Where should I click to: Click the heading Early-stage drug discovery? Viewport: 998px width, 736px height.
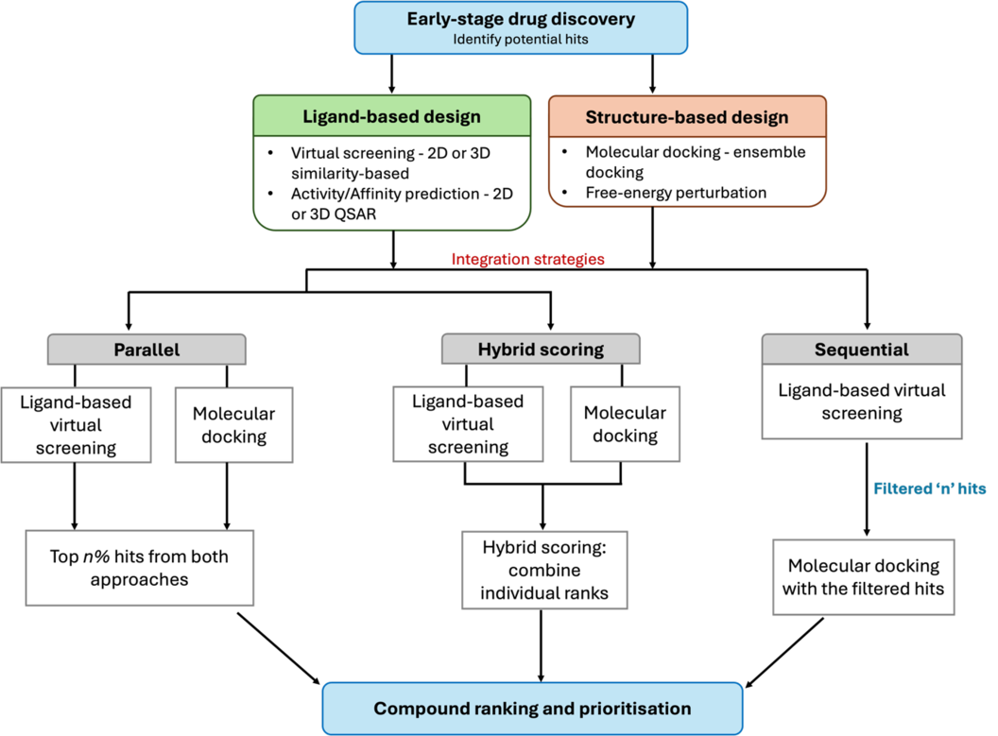point(521,19)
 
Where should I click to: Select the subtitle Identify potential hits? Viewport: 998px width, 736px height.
point(521,39)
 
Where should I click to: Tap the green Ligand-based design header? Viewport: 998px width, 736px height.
point(391,117)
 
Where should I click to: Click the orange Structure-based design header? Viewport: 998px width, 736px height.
point(687,117)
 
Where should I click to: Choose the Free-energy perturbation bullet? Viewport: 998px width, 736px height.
point(676,193)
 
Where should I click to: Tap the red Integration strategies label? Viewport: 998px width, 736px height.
point(528,259)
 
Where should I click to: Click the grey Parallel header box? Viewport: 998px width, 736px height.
point(146,350)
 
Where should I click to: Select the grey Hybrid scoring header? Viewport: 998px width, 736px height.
point(541,350)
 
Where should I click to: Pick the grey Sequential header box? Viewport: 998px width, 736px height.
point(861,350)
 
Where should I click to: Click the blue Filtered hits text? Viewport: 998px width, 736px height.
point(930,488)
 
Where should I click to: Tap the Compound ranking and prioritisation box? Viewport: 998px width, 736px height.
point(532,709)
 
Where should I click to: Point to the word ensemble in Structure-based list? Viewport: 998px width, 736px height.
point(772,151)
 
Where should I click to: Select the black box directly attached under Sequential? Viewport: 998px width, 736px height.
point(861,402)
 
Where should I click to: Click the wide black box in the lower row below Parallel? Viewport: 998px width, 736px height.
point(140,568)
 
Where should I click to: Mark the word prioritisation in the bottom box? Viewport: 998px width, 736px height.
point(630,709)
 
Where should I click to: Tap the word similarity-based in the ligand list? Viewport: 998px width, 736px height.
point(350,174)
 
